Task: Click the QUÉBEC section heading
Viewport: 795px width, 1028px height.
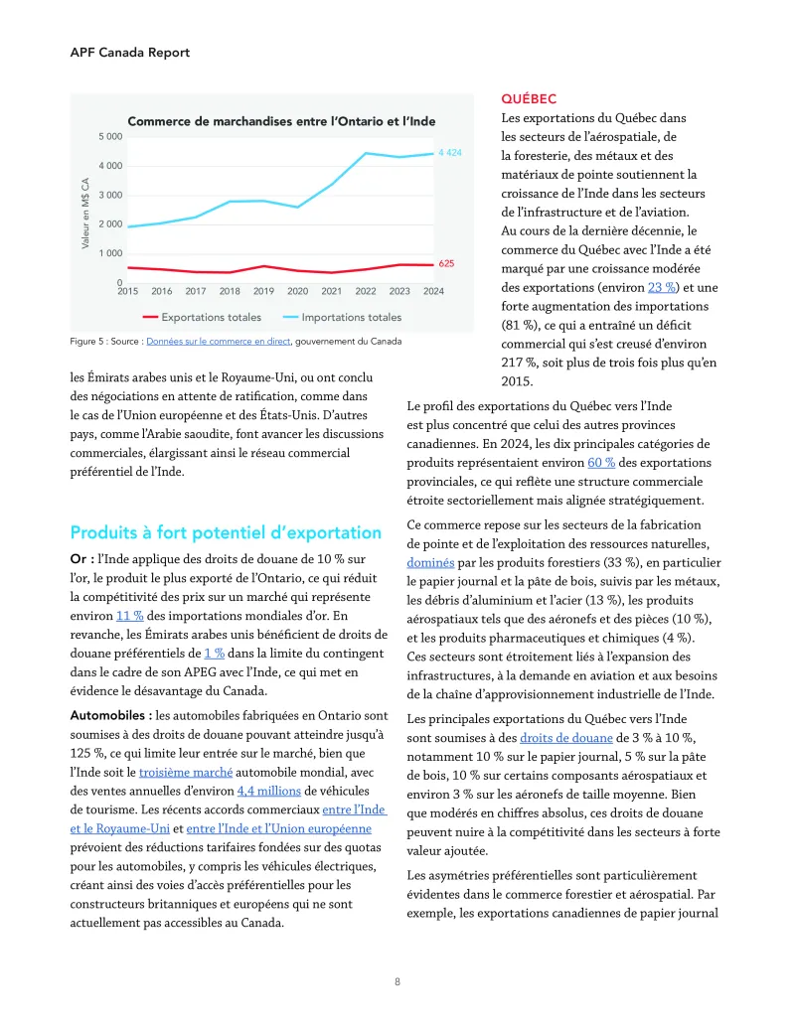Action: (x=529, y=99)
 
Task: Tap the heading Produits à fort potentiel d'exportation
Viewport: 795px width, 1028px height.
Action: (x=226, y=532)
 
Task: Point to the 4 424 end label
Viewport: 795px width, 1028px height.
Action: (x=450, y=154)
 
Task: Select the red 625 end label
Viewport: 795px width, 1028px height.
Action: (x=447, y=264)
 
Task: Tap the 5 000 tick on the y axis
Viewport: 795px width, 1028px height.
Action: (x=110, y=136)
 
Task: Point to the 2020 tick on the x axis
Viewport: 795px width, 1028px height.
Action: (x=298, y=291)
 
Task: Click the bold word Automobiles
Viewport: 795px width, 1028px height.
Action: (x=109, y=715)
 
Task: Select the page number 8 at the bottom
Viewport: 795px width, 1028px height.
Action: (x=397, y=981)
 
